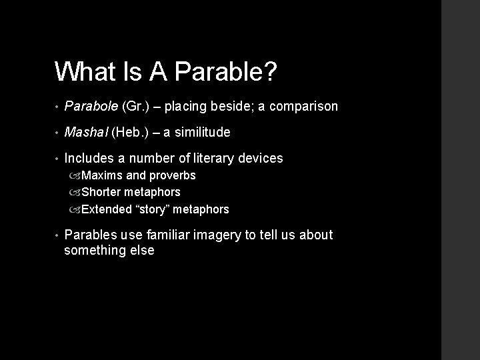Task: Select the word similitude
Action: click(x=202, y=133)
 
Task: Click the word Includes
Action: click(x=89, y=159)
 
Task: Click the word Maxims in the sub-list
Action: click(x=102, y=176)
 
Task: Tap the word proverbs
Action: click(x=172, y=176)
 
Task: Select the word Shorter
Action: click(x=103, y=193)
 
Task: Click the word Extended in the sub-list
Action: click(x=107, y=209)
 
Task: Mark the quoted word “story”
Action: click(x=156, y=209)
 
